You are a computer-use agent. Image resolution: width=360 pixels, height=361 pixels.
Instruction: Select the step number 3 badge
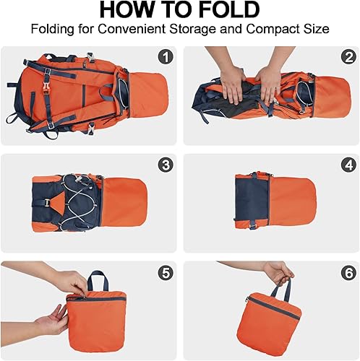point(166,165)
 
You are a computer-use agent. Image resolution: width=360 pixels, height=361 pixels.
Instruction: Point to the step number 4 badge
point(349,165)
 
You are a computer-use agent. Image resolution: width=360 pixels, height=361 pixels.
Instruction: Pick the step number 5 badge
point(166,273)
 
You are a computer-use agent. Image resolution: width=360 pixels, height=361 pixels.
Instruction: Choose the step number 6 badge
point(349,273)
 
